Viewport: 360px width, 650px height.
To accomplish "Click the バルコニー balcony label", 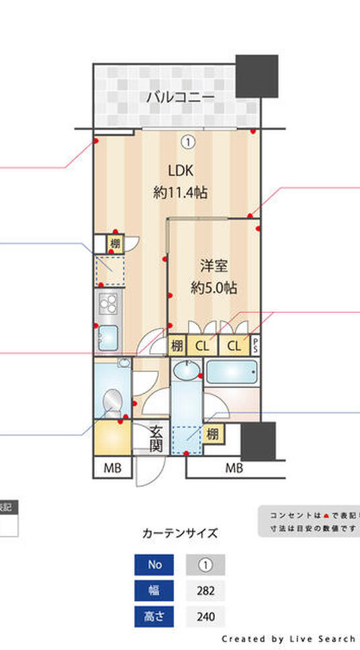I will tap(181, 97).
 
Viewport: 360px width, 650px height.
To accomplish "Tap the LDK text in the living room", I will tap(181, 170).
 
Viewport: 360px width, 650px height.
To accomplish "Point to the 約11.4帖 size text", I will tap(180, 193).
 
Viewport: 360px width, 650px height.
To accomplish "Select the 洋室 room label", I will tap(213, 265).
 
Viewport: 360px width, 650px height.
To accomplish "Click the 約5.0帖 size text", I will tap(213, 287).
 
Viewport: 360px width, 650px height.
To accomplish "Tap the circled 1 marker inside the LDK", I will tap(188, 141).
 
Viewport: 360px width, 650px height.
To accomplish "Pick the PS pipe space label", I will tap(255, 345).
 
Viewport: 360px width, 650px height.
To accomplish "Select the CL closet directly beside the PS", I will tap(233, 346).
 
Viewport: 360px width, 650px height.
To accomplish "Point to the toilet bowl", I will tap(111, 403).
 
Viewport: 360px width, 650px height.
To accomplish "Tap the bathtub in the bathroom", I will tap(232, 371).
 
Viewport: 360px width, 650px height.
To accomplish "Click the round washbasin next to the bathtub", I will tap(185, 371).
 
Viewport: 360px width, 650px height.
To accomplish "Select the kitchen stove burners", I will tap(107, 306).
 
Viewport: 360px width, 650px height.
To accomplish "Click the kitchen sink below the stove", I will tap(107, 336).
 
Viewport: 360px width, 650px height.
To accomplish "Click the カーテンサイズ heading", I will tap(180, 534).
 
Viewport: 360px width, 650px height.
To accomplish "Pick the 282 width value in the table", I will tap(206, 592).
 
